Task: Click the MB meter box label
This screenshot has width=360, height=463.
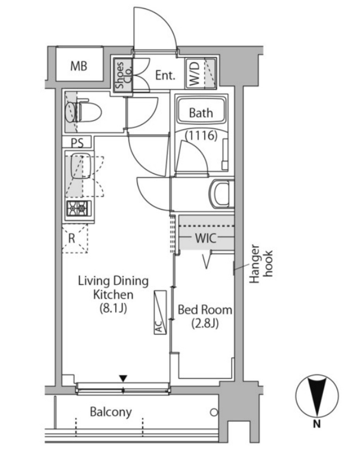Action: (x=78, y=66)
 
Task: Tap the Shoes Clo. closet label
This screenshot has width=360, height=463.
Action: (x=124, y=75)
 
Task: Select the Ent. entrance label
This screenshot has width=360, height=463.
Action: (x=165, y=75)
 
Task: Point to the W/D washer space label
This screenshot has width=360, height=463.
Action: (x=195, y=73)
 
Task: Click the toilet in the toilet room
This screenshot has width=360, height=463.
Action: (x=84, y=112)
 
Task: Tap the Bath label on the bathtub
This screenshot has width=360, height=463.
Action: (x=201, y=113)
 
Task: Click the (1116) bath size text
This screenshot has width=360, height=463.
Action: (x=201, y=136)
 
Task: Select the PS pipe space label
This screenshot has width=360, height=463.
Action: (x=77, y=143)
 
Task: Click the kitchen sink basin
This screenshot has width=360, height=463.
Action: (x=81, y=165)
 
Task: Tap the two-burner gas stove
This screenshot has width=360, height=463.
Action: (x=78, y=208)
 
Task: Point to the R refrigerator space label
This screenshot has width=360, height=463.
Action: (x=72, y=238)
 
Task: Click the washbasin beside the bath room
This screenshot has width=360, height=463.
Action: (x=221, y=195)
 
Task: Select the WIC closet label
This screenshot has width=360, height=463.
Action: (x=206, y=238)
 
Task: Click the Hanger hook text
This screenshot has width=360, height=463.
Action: (x=261, y=264)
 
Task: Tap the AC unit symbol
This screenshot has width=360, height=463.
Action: (x=160, y=312)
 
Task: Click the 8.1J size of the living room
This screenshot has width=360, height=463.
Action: (x=113, y=309)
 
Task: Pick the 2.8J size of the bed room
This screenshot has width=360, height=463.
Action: (x=205, y=324)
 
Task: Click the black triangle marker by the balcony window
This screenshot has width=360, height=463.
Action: (x=123, y=378)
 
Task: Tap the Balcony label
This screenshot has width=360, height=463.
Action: (x=110, y=412)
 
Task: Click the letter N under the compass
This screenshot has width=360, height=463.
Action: (x=316, y=424)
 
